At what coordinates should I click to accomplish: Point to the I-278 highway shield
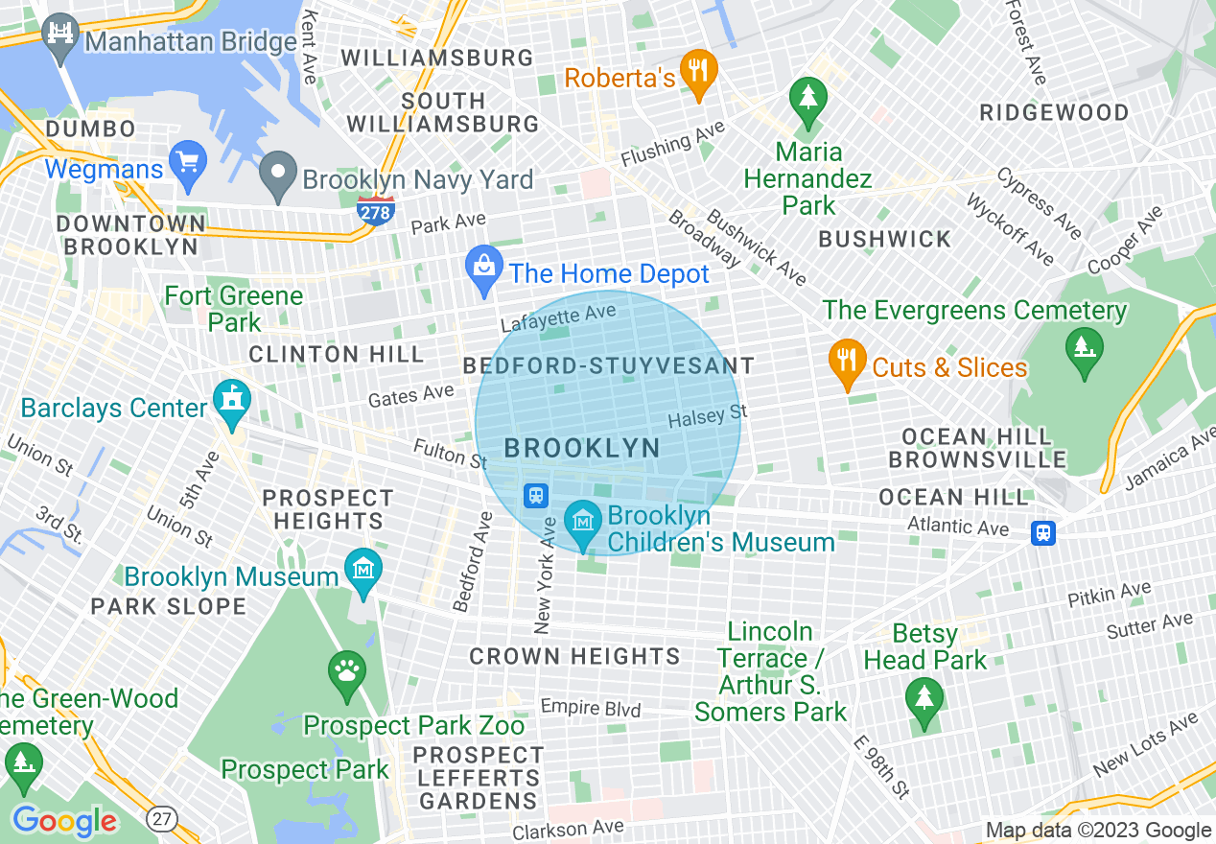coord(375,209)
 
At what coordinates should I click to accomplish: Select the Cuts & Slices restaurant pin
coord(847,363)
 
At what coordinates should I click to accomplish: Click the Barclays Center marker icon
coord(232,403)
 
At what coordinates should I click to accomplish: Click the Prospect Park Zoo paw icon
coord(347,671)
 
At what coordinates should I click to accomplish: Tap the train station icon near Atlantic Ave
coord(1043,532)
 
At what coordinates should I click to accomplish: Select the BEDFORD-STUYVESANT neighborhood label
coord(609,366)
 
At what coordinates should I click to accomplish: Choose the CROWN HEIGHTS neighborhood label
coord(574,657)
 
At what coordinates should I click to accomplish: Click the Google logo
coord(64,821)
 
